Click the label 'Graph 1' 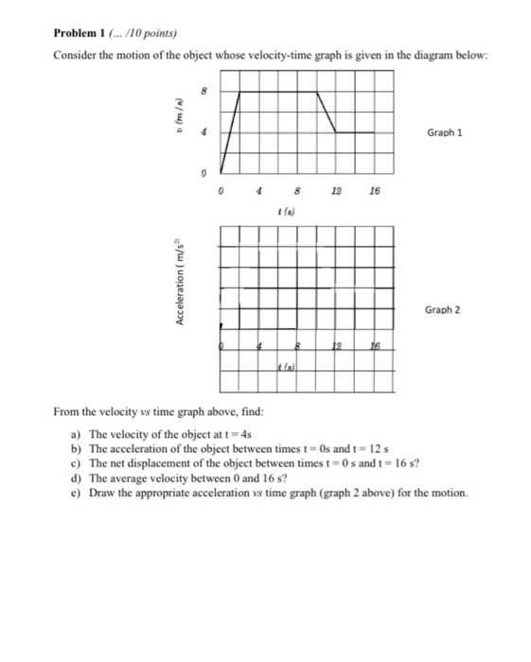pyautogui.click(x=443, y=133)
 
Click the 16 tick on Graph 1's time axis pyautogui.click(x=375, y=189)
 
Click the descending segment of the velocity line pyautogui.click(x=327, y=113)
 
